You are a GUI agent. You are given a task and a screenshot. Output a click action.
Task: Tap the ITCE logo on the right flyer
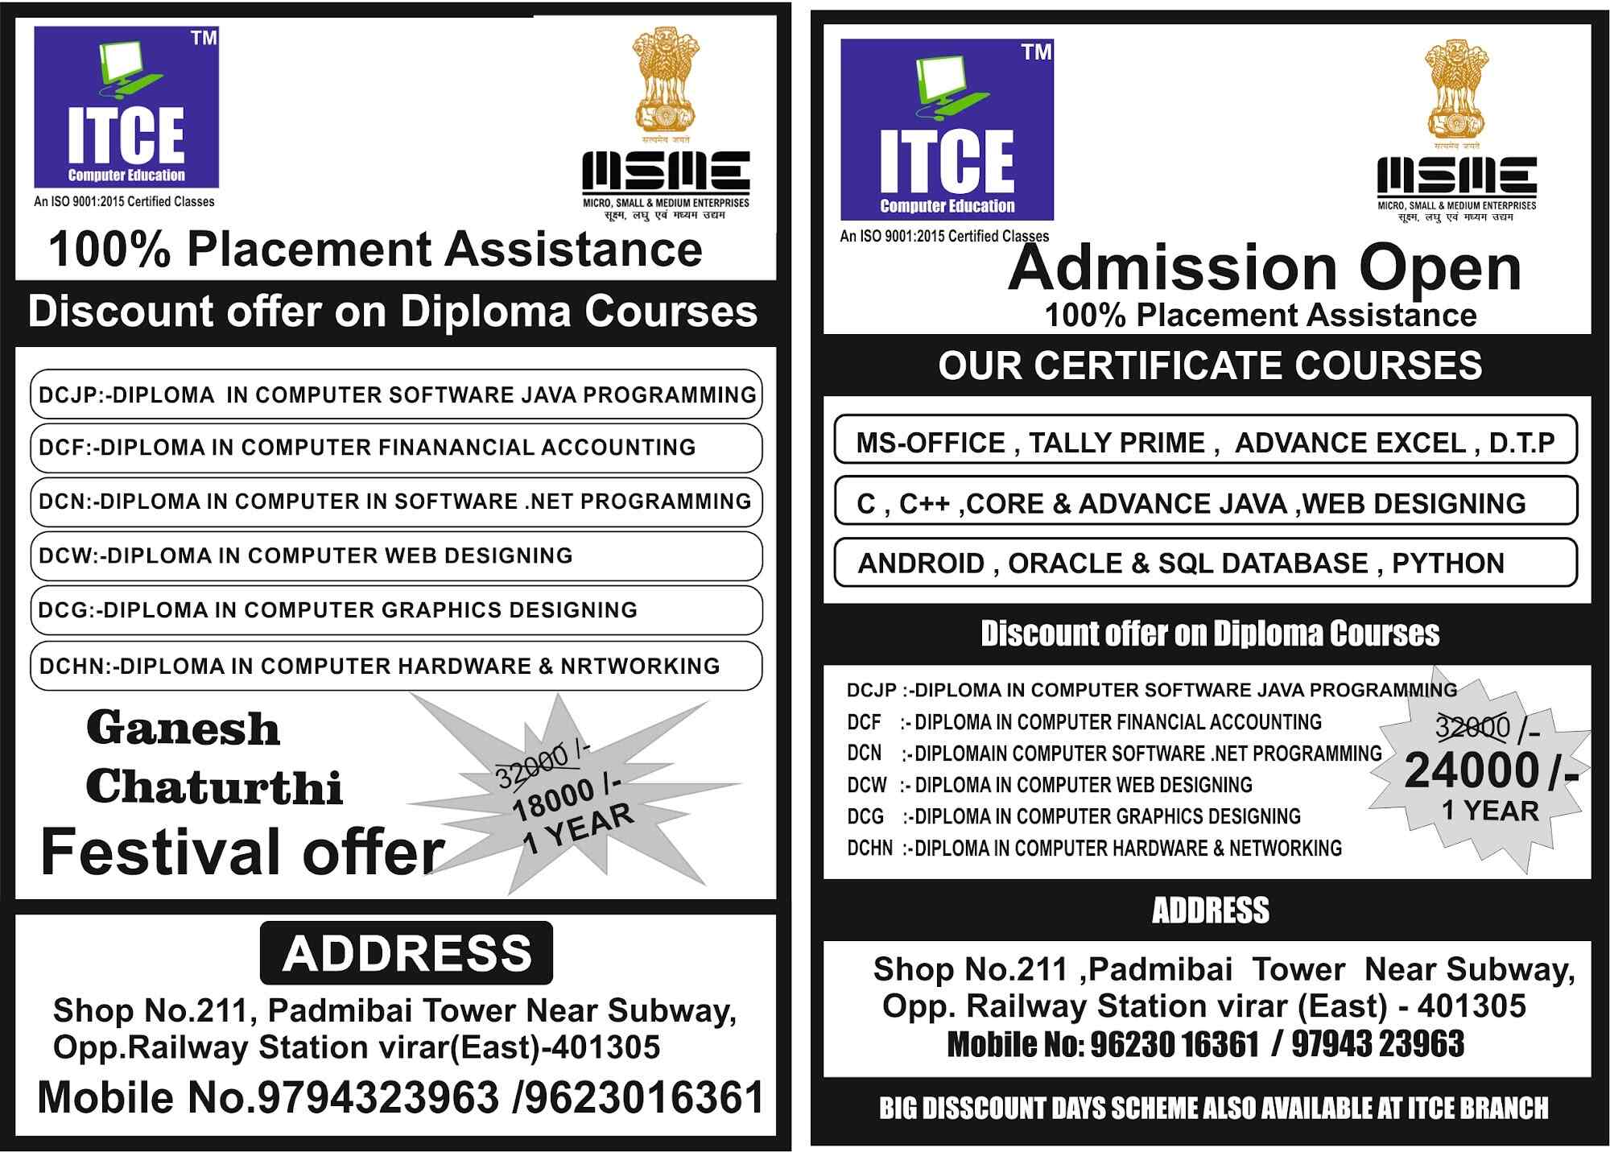click(x=947, y=130)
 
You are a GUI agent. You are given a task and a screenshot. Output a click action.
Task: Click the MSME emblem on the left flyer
click(x=665, y=125)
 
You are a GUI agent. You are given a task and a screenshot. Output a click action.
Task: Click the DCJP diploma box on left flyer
click(x=396, y=394)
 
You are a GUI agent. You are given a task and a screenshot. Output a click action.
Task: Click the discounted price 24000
click(x=1472, y=770)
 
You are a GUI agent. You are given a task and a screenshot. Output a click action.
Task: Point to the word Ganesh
click(x=184, y=729)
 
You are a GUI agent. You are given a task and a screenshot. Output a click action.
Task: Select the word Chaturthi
click(x=214, y=787)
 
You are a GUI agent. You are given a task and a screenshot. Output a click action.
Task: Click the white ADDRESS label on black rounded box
click(x=407, y=953)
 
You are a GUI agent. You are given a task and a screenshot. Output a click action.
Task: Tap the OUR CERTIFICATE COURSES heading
click(x=1209, y=365)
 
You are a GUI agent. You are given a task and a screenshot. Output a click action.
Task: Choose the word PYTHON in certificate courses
click(x=1447, y=564)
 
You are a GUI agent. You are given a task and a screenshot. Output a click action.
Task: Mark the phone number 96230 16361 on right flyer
click(x=1174, y=1044)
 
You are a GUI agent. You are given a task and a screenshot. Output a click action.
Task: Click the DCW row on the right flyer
click(x=1050, y=785)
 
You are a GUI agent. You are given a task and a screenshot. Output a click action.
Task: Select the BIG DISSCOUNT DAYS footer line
click(x=1213, y=1109)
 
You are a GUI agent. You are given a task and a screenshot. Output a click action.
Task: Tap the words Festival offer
click(x=242, y=852)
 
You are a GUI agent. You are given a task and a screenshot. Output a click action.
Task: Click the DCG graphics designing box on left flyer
click(x=396, y=610)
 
